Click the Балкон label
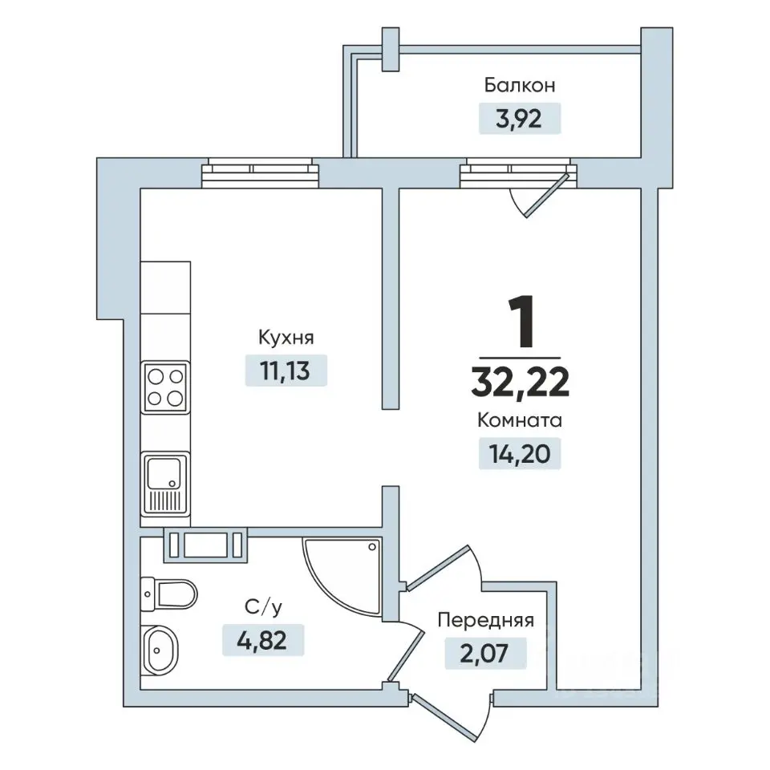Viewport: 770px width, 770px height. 520,85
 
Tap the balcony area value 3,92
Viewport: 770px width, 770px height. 519,119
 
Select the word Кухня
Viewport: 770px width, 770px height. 286,338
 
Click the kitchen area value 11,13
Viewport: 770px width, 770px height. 286,371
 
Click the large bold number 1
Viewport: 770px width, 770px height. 521,321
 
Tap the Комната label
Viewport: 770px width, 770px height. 520,421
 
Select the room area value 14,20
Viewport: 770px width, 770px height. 519,454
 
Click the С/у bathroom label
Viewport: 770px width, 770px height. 264,608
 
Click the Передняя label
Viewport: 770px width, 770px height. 486,621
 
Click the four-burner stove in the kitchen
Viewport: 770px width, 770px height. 165,387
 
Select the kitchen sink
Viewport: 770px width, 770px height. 165,483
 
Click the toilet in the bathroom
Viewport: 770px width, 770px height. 168,594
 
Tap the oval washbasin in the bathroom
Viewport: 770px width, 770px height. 159,650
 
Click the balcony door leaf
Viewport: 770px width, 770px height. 547,195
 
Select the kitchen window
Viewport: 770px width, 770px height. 260,173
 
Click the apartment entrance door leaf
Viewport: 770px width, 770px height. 444,718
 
